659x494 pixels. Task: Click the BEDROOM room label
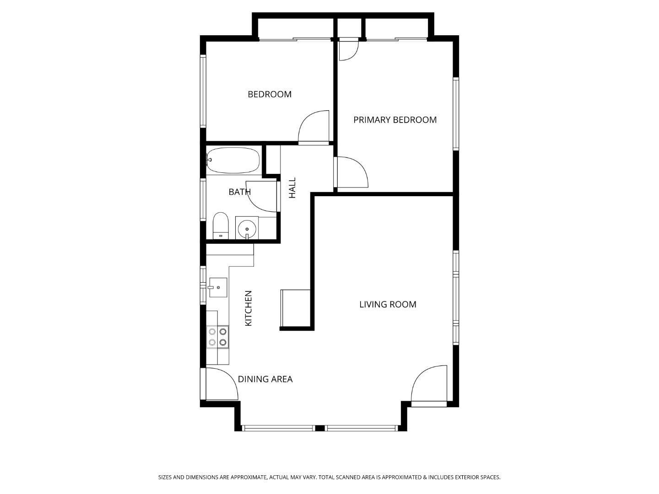coord(270,94)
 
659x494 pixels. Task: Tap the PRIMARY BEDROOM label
coord(395,120)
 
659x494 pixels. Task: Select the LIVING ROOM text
coord(388,305)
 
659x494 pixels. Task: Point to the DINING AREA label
coord(265,379)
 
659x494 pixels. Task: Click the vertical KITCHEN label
coord(248,308)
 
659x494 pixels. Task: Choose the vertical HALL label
coord(292,188)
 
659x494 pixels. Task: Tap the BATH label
coord(239,192)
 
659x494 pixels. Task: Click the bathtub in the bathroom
coord(233,160)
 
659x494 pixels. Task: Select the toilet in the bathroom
coord(221,226)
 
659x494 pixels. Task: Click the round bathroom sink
coord(247,227)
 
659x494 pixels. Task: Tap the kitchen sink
coord(218,287)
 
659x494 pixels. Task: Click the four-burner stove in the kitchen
coord(217,337)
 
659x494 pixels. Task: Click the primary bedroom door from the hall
coord(351,172)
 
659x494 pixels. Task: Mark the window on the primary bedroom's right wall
coord(456,114)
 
